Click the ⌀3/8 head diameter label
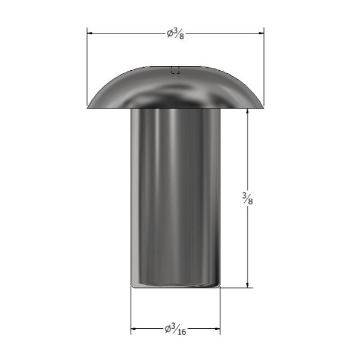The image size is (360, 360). (x=175, y=34)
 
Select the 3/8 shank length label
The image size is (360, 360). (x=247, y=199)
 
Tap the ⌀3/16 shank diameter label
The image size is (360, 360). (x=175, y=329)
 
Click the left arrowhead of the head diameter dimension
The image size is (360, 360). (x=90, y=33)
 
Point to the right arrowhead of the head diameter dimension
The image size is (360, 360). (x=261, y=33)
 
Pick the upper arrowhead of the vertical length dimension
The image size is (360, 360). (x=247, y=111)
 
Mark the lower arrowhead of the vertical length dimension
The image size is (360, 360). (x=247, y=284)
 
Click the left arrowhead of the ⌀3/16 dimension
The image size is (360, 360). (x=133, y=329)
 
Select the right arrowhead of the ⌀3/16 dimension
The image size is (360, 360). (x=217, y=329)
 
